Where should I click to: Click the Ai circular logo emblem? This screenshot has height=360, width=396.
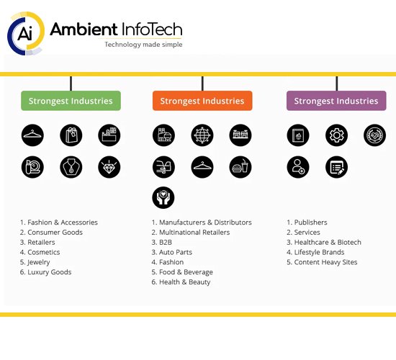click(x=26, y=33)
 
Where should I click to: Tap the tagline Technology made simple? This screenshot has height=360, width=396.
click(x=143, y=45)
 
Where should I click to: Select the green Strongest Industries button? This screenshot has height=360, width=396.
click(x=71, y=101)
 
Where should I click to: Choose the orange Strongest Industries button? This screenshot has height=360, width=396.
click(x=202, y=101)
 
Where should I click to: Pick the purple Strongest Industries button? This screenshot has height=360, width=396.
click(x=336, y=101)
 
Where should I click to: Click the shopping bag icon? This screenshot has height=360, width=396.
click(x=71, y=135)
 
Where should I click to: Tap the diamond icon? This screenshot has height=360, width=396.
click(x=109, y=167)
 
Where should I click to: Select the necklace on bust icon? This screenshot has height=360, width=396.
click(x=71, y=167)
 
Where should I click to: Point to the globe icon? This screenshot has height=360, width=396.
click(x=202, y=135)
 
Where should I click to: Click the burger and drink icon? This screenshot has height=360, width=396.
click(x=240, y=167)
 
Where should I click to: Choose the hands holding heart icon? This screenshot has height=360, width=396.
click(x=163, y=197)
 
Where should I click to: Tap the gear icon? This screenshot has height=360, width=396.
click(x=336, y=135)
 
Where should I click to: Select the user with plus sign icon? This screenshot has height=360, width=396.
click(x=298, y=167)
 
